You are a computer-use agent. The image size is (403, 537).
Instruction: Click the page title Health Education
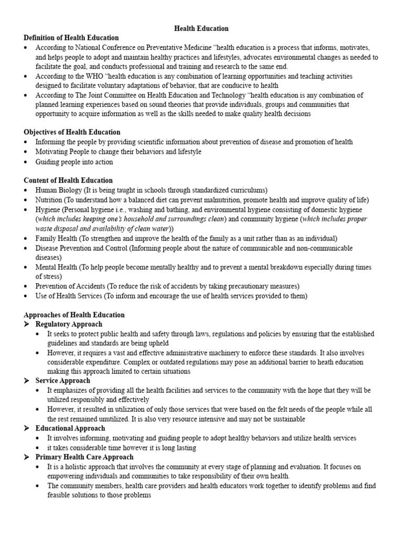pyautogui.click(x=201, y=28)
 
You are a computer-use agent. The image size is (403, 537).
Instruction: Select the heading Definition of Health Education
pyautogui.click(x=71, y=38)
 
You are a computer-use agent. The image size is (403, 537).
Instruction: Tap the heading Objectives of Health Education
pyautogui.click(x=72, y=132)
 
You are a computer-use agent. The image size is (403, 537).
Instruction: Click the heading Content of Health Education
pyautogui.click(x=68, y=180)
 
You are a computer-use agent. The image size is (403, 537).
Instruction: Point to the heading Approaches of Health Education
pyautogui.click(x=74, y=315)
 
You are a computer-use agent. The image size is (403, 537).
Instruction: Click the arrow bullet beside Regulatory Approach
pyautogui.click(x=27, y=325)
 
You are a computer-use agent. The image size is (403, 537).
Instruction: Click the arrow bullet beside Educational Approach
pyautogui.click(x=27, y=428)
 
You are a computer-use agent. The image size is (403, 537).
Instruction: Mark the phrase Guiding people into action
pyautogui.click(x=74, y=162)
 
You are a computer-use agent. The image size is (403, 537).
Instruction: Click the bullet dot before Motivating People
pyautogui.click(x=27, y=152)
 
